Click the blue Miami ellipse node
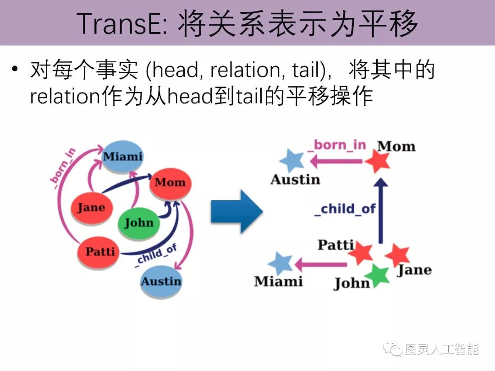122,156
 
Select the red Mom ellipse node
170,183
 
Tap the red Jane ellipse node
91,208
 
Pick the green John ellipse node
138,223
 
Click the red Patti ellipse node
100,251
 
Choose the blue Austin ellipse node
160,281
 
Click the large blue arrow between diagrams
236,212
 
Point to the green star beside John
377,276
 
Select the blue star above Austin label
292,161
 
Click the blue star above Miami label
280,264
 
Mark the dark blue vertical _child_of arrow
380,211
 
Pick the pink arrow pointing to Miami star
321,264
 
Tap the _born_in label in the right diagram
337,145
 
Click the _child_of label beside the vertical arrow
345,209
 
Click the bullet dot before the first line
16,70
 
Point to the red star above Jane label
397,255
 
